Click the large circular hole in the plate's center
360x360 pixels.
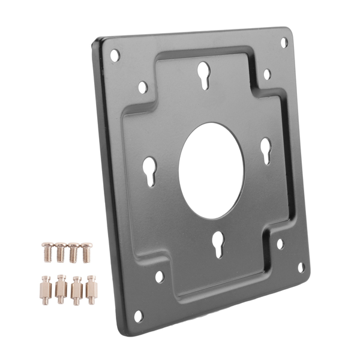coord(212,171)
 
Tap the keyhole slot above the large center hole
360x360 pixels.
coord(204,76)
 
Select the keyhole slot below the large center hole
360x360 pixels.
coord(218,244)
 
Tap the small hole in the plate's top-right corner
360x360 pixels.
coord(284,43)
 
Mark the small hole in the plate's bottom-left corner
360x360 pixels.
coord(139,314)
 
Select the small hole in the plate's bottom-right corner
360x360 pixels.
coord(302,268)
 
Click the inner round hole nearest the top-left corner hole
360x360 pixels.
coord(143,87)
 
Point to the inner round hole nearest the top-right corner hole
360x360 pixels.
coord(267,74)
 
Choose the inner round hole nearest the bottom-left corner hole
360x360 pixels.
coord(160,277)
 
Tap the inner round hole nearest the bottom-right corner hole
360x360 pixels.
coord(280,244)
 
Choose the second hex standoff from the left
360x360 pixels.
coord(61,289)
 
